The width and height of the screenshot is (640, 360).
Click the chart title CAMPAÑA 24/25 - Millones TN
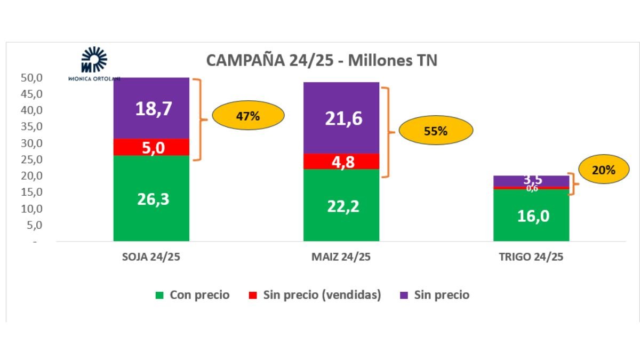coord(322,60)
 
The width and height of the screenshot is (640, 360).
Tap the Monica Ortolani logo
coord(94,63)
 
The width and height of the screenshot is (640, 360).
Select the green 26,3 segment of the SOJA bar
coord(151,198)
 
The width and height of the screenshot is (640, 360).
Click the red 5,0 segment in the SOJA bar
coord(151,147)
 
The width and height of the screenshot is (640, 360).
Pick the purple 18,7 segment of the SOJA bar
coord(151,108)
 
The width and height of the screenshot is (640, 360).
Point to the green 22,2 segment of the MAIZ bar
coord(341,205)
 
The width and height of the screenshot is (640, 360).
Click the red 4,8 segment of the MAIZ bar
coord(341,161)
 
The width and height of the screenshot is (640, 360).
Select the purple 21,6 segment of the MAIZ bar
coord(341,118)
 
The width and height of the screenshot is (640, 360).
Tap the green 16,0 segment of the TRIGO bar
coord(531,215)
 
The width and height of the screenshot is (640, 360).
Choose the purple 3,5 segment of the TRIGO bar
coord(531,180)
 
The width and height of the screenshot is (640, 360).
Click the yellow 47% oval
coord(248,116)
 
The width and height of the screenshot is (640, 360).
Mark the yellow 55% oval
coord(436,131)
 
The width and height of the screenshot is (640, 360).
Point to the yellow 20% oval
coord(604,170)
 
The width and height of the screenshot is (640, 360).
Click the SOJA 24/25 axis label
coord(151,257)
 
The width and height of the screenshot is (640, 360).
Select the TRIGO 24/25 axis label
coord(531,257)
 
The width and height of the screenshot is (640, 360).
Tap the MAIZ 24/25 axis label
coord(341,257)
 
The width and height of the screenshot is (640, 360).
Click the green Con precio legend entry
coord(193,295)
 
